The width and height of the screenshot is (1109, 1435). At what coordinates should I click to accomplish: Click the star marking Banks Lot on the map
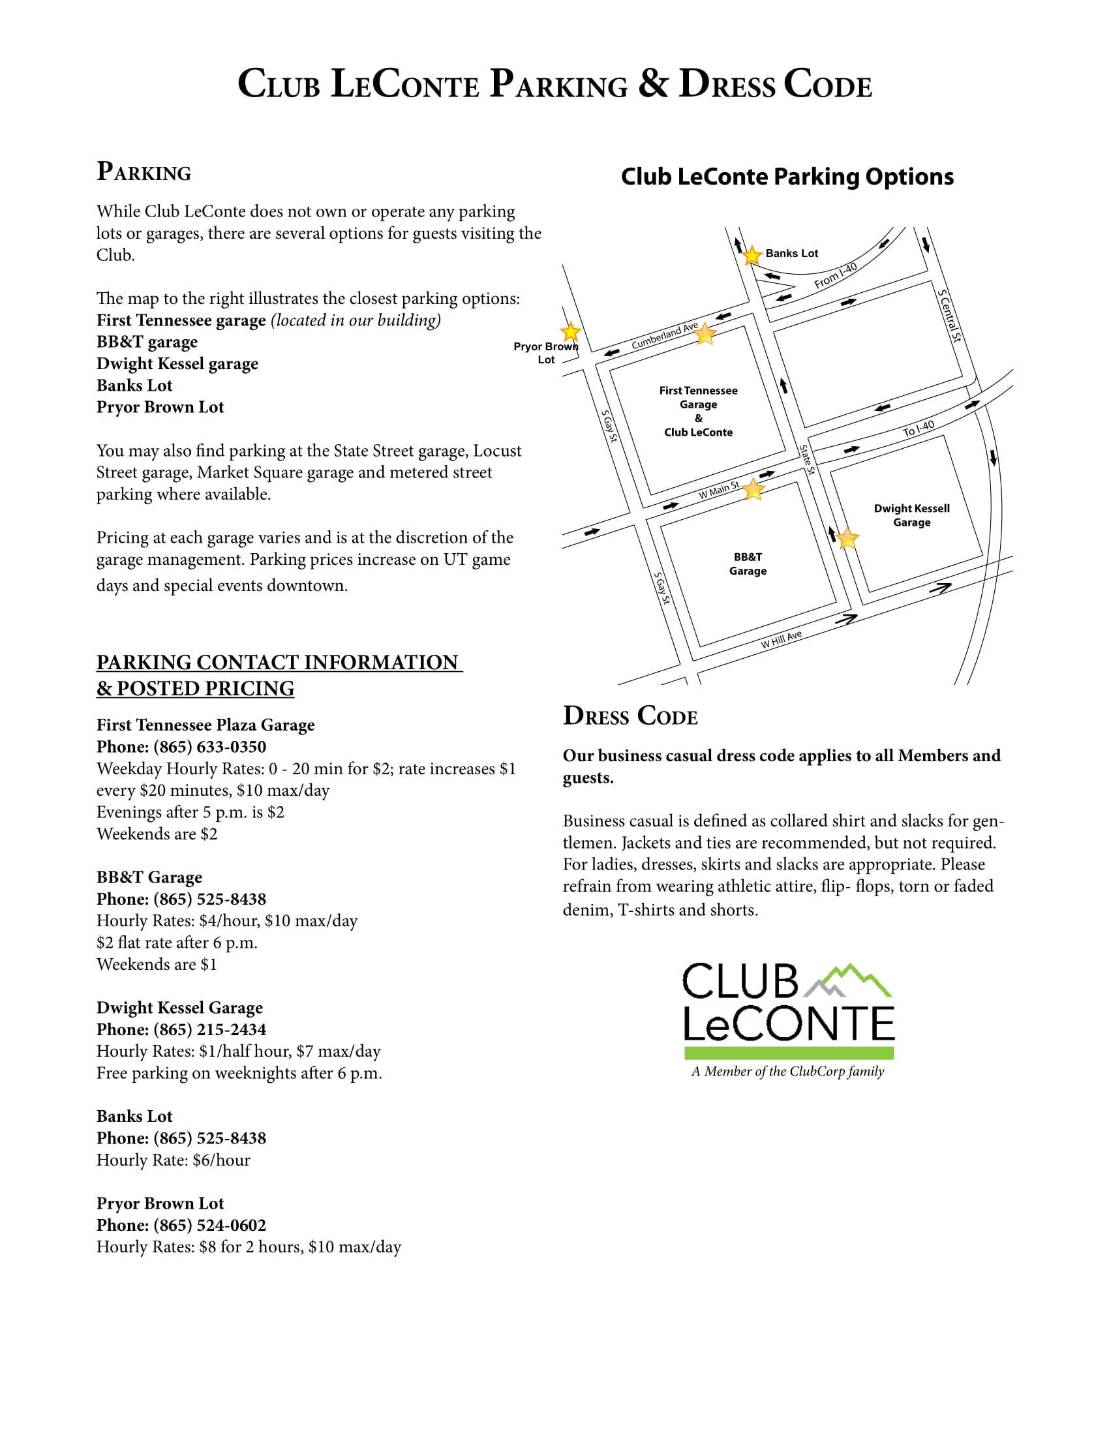pyautogui.click(x=752, y=255)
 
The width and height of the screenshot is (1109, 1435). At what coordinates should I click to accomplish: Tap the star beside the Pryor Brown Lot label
pyautogui.click(x=570, y=332)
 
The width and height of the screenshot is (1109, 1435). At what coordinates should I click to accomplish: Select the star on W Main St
pyautogui.click(x=753, y=489)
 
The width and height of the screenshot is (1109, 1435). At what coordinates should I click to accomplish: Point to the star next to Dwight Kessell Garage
pyautogui.click(x=847, y=538)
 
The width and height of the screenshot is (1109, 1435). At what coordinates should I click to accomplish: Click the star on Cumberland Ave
pyautogui.click(x=705, y=334)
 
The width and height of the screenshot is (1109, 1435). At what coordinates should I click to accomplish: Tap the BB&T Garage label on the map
pyautogui.click(x=748, y=564)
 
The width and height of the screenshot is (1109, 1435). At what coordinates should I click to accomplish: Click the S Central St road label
pyautogui.click(x=949, y=316)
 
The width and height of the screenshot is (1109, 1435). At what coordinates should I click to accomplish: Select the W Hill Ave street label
pyautogui.click(x=781, y=639)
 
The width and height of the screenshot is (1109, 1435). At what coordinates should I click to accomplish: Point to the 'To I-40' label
pyautogui.click(x=918, y=429)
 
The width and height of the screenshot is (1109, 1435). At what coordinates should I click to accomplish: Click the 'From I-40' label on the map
pyautogui.click(x=836, y=275)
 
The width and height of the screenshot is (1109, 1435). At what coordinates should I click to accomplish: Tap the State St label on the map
pyautogui.click(x=807, y=459)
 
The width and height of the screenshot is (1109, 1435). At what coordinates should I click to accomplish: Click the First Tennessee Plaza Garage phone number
pyautogui.click(x=209, y=747)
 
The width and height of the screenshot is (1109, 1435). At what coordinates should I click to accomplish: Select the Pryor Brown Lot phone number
pyautogui.click(x=209, y=1226)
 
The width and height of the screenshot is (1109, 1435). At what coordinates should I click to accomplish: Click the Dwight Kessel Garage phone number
pyautogui.click(x=209, y=1029)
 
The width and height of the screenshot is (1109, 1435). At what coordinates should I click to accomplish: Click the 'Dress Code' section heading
pyautogui.click(x=630, y=716)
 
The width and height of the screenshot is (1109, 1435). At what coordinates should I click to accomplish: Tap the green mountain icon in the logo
pyautogui.click(x=853, y=980)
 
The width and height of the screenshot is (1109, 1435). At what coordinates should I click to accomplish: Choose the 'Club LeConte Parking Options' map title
pyautogui.click(x=787, y=177)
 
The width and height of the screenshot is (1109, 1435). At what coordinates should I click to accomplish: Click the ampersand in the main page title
pyautogui.click(x=653, y=83)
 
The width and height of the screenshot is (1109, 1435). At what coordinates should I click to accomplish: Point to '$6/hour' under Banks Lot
pyautogui.click(x=221, y=1160)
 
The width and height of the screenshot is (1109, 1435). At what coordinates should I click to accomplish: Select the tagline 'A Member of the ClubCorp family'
pyautogui.click(x=787, y=1072)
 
